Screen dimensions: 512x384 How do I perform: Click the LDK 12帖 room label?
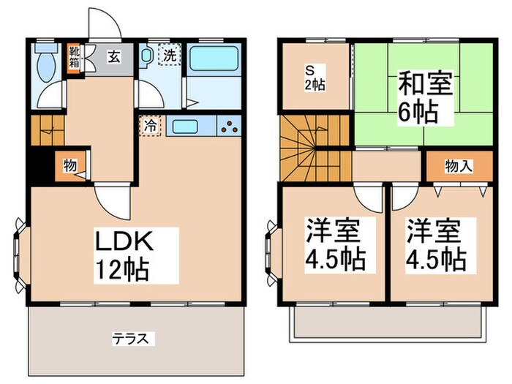coord(124,256)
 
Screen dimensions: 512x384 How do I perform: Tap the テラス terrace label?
coord(131,339)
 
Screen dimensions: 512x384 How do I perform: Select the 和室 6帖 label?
coord(425,98)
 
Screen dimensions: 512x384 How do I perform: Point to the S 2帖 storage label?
coord(315,78)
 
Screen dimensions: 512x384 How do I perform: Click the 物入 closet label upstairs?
coord(459,167)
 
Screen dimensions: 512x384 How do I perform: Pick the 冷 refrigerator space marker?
coord(150,126)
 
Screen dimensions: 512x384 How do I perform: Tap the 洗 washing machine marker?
coord(170,55)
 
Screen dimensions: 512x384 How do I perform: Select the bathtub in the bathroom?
coord(214,58)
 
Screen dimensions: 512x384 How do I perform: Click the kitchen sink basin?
coord(185,127)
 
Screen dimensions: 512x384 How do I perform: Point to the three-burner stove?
coord(230,127)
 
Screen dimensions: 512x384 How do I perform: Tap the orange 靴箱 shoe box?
coord(73,59)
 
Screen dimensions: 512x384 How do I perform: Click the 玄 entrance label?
coord(114,57)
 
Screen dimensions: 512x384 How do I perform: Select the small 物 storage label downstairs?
coord(70,166)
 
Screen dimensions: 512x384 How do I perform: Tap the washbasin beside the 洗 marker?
coord(146,54)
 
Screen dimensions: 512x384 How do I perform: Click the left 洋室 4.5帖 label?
coord(336,245)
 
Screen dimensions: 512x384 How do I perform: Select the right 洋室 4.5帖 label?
coord(436,245)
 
